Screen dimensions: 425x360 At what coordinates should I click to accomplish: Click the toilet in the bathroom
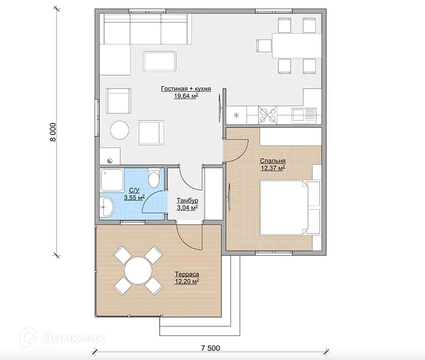(x=153, y=178)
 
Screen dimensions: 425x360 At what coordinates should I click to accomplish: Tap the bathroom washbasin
(x=107, y=207)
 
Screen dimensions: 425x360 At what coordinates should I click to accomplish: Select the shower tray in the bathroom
(x=111, y=180)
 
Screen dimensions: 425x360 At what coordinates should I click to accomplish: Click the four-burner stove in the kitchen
(x=268, y=114)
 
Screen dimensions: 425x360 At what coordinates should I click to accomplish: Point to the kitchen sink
(x=304, y=115)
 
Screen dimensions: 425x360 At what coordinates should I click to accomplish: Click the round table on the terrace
(x=138, y=270)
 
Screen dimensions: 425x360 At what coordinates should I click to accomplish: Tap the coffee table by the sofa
(x=160, y=62)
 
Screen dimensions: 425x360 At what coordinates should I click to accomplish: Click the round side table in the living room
(x=120, y=131)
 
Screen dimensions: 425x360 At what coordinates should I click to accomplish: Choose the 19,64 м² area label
(x=186, y=96)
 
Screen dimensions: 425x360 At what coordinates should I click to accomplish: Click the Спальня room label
(x=273, y=161)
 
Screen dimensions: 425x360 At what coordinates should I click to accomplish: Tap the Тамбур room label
(x=188, y=201)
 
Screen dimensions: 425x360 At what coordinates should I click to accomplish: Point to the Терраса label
(x=187, y=274)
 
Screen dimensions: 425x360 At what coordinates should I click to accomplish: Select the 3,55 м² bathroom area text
(x=134, y=197)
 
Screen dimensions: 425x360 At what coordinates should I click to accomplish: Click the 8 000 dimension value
(x=53, y=132)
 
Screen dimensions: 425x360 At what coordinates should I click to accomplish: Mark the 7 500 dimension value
(x=210, y=349)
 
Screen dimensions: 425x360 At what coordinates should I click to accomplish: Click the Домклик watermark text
(x=74, y=338)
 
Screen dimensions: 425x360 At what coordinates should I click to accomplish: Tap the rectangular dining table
(x=296, y=46)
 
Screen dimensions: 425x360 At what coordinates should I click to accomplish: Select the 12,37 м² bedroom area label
(x=273, y=168)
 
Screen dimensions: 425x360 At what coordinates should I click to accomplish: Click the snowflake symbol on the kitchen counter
(x=236, y=116)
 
